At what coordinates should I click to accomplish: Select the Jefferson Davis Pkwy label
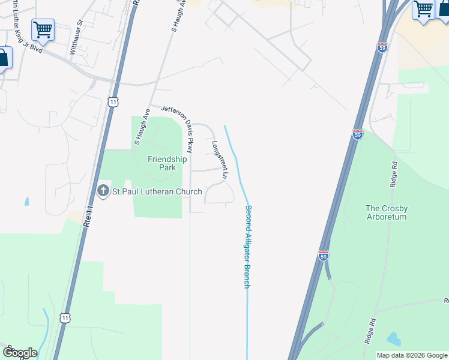(178, 128)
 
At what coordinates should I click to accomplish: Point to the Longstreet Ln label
(219, 160)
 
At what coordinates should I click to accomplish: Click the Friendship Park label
(167, 163)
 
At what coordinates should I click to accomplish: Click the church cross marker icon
(102, 191)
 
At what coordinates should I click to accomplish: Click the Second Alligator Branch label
(247, 247)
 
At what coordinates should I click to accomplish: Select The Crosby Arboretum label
(387, 213)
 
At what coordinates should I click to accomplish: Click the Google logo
(20, 353)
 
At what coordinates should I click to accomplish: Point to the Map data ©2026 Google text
(411, 355)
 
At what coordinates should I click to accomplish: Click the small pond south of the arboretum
(393, 339)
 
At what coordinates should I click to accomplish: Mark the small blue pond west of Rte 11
(26, 202)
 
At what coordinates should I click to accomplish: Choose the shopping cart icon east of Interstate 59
(423, 10)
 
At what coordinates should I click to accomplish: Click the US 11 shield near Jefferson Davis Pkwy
(113, 102)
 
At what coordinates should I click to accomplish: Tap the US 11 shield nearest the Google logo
(65, 317)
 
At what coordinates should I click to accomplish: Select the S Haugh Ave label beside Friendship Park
(142, 127)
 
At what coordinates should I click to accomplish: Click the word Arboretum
(387, 217)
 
